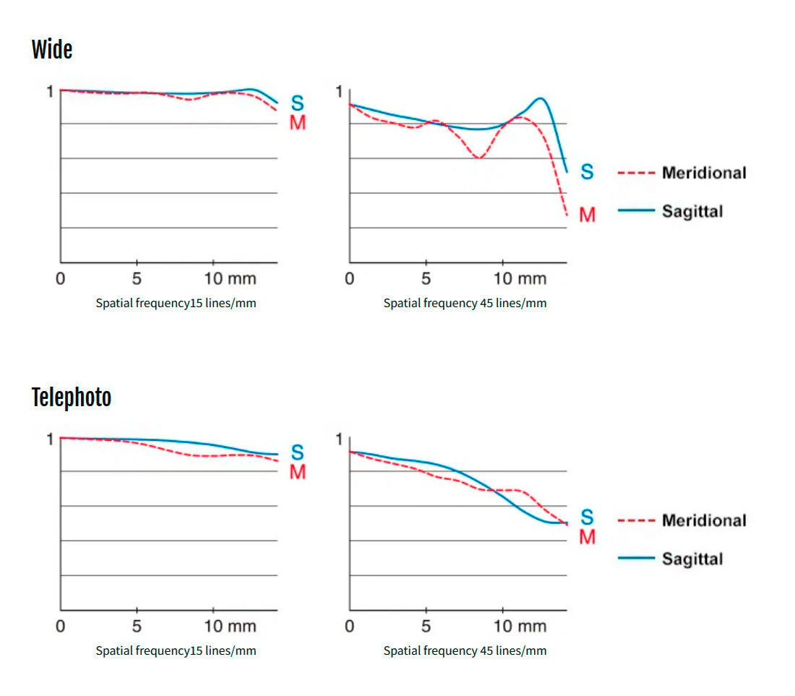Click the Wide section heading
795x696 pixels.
[x=52, y=50]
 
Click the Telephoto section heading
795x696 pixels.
[x=72, y=397]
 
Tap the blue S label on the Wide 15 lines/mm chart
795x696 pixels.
[x=298, y=103]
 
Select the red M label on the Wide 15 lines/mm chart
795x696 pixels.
[x=298, y=122]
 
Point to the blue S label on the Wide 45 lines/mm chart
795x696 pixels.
[x=587, y=172]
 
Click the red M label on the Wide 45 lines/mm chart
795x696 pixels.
[x=587, y=215]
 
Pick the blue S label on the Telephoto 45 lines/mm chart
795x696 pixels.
[x=587, y=517]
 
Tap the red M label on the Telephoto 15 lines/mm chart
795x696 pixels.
[x=298, y=472]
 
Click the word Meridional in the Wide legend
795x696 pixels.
[x=704, y=173]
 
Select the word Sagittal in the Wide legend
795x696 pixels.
[x=692, y=211]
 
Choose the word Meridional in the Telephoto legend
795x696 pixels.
[x=704, y=520]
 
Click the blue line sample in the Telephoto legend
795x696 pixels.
[x=636, y=558]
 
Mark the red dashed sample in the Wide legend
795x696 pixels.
[x=636, y=173]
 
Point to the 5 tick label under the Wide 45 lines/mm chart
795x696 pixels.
[x=426, y=278]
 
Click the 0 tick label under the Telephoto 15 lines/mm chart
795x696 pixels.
[x=60, y=626]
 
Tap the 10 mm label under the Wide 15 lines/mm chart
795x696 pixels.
[x=230, y=278]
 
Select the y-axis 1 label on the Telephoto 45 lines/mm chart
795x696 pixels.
[x=339, y=439]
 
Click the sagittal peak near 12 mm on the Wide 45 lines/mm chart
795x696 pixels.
[x=540, y=98]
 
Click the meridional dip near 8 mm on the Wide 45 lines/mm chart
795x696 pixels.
[x=479, y=158]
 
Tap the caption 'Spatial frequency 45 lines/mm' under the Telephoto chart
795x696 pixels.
[x=465, y=650]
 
